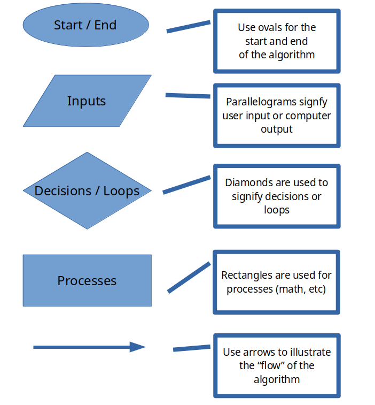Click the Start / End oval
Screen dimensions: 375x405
[86, 25]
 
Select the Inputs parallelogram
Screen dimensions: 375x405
[87, 101]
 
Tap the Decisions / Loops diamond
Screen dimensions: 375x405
[87, 190]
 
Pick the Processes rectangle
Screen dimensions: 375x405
[87, 280]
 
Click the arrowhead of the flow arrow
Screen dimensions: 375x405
[137, 347]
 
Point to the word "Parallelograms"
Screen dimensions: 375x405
[261, 102]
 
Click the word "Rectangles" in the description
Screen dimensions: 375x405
[243, 276]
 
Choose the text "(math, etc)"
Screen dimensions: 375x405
[301, 289]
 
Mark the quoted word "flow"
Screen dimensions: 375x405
[271, 365]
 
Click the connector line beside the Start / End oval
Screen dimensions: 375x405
[189, 27]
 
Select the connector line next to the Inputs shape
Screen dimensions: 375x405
[187, 96]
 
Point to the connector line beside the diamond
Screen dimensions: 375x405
[187, 185]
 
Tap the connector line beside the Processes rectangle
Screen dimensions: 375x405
[189, 278]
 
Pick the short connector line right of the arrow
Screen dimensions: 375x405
[192, 348]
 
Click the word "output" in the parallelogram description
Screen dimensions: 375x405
[277, 129]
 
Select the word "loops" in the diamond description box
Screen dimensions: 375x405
[277, 210]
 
